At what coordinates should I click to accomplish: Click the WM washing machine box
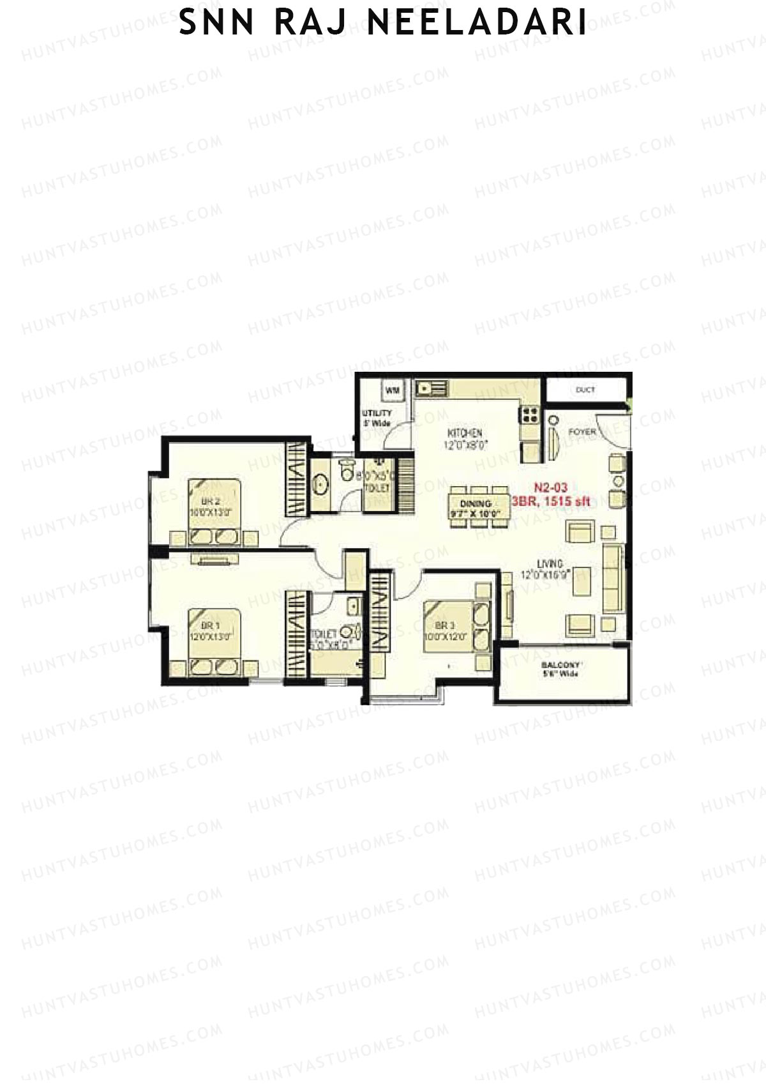point(393,390)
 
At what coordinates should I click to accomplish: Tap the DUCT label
point(585,390)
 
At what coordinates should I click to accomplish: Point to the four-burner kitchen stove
point(530,415)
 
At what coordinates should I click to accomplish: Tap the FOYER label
point(582,432)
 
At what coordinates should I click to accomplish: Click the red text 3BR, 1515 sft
point(555,501)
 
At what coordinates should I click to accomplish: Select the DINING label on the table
point(476,503)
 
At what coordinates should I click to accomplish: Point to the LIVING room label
point(549,564)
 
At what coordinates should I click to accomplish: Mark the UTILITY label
point(377,413)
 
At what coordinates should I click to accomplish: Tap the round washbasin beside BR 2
point(321,485)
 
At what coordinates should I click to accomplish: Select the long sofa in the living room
point(613,578)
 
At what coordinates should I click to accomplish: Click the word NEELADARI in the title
point(476,23)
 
